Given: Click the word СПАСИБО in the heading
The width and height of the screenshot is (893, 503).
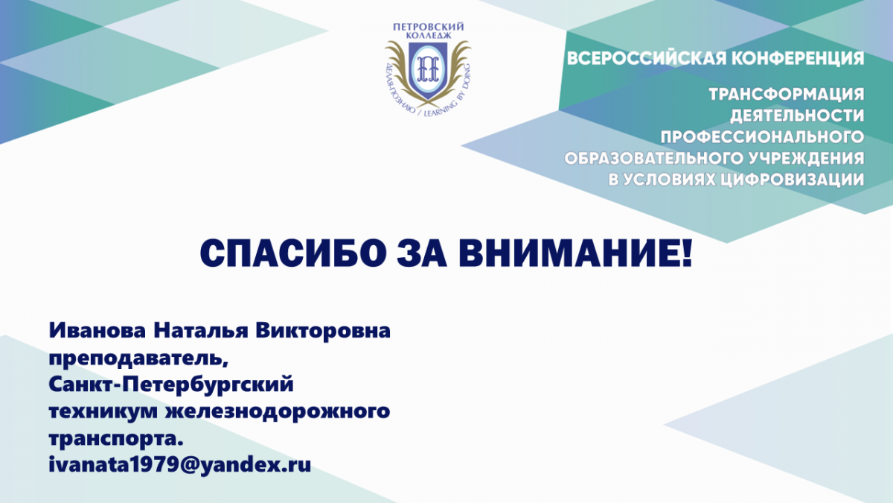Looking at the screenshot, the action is (x=293, y=253).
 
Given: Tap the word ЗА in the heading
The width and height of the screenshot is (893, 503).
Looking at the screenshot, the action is (x=422, y=253).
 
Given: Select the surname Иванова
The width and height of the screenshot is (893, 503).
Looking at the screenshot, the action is (x=97, y=331).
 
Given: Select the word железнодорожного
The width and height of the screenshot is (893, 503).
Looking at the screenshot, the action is (x=278, y=412).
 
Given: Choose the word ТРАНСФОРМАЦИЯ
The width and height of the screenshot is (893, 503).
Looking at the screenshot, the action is (x=786, y=95).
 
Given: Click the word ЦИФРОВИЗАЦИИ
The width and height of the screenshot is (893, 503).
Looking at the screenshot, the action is (x=791, y=180).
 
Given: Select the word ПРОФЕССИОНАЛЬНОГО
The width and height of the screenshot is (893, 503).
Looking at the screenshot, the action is (x=762, y=137).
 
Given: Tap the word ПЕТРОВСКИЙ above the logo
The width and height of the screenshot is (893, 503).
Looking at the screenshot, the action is (x=429, y=27).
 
